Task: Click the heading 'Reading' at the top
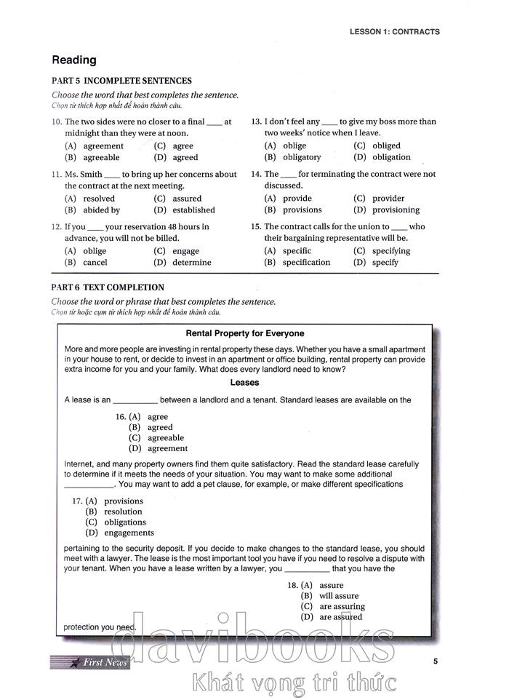[x=73, y=60]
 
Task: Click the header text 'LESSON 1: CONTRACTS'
[x=394, y=32]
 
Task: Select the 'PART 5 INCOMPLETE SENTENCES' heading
[x=121, y=81]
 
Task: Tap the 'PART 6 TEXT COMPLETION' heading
[x=108, y=287]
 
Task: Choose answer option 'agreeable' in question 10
[x=101, y=157]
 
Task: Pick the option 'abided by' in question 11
[x=101, y=210]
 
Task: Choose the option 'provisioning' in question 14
[x=396, y=210]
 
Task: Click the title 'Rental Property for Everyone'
[x=245, y=334]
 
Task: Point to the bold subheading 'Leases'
[x=244, y=382]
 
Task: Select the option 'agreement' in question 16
[x=167, y=448]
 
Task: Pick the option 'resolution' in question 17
[x=123, y=512]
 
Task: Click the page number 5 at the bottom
[x=435, y=661]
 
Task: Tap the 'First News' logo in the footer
[x=91, y=662]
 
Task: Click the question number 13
[x=256, y=122]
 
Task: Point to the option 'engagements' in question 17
[x=128, y=533]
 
